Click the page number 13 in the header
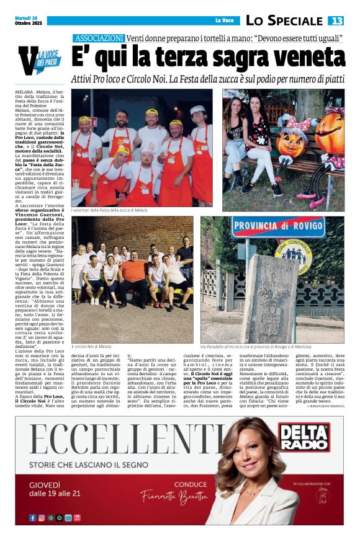[336, 20]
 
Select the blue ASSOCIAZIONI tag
[99, 38]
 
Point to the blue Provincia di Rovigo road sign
[287, 227]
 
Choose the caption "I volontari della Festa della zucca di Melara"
[109, 211]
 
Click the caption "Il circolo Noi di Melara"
[92, 347]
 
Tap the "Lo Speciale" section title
[284, 20]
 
